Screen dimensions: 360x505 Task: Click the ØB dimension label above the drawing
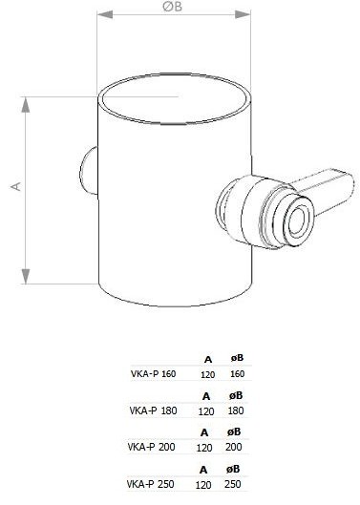(x=173, y=7)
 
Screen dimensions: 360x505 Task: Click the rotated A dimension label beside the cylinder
(x=16, y=186)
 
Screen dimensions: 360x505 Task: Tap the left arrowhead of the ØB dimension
(x=105, y=14)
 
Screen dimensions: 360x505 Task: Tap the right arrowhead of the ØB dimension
(x=243, y=14)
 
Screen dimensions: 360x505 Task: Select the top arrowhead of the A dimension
(x=26, y=104)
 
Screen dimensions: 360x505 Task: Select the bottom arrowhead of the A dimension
(x=26, y=276)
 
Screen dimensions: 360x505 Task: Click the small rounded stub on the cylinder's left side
(x=88, y=170)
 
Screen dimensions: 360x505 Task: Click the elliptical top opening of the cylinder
(x=175, y=98)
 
